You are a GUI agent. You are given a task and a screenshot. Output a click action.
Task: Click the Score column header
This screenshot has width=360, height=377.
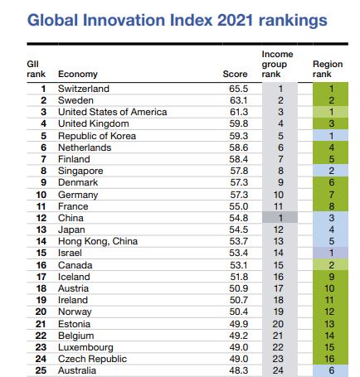pos(235,74)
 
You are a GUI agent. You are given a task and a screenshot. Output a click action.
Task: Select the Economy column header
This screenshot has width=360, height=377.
pos(78,74)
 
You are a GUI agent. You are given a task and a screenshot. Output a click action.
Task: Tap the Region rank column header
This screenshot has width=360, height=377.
pos(328,69)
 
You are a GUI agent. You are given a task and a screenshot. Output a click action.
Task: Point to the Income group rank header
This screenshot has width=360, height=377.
pos(277,64)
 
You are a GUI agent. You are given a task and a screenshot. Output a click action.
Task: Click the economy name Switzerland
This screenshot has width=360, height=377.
pos(84,89)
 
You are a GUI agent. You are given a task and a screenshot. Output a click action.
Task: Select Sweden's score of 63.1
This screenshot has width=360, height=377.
pos(239,100)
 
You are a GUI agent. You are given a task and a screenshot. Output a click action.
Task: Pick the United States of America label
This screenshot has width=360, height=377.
pos(112,112)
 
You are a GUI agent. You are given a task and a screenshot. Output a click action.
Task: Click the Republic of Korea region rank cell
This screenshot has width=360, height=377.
pos(330,136)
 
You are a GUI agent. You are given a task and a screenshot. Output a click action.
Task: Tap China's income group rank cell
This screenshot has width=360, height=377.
pos(280,218)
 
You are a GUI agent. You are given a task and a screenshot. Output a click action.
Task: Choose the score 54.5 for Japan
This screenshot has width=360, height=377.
pos(239,230)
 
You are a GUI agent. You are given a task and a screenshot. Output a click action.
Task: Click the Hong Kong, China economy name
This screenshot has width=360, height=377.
pos(98,241)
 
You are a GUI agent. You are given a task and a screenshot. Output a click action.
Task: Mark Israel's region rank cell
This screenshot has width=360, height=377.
pos(330,253)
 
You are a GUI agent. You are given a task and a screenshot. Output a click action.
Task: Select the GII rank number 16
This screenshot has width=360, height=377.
pos(41,265)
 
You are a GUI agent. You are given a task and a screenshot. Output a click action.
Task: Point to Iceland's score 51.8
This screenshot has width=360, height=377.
pos(239,277)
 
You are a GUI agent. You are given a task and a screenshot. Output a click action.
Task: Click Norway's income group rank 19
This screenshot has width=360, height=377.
pos(278,312)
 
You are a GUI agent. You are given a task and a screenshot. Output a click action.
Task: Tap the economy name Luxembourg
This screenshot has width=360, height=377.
pos(85,347)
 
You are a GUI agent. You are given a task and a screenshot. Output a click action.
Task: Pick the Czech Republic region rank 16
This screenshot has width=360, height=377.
pos(329,359)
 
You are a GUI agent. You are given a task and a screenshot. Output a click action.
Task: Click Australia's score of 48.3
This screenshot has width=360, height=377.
pos(239,370)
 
